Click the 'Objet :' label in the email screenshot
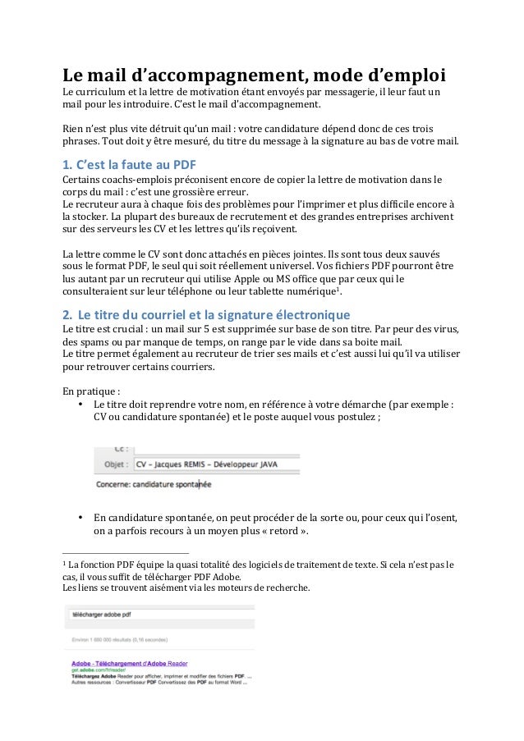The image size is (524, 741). pyautogui.click(x=114, y=464)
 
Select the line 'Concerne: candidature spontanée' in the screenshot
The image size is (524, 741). pyautogui.click(x=154, y=484)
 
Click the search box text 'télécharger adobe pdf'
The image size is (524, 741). pyautogui.click(x=99, y=613)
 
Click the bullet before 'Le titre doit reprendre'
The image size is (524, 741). pyautogui.click(x=80, y=404)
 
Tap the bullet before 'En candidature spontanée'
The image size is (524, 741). pyautogui.click(x=80, y=518)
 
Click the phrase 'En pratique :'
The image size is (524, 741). pyautogui.click(x=91, y=391)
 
